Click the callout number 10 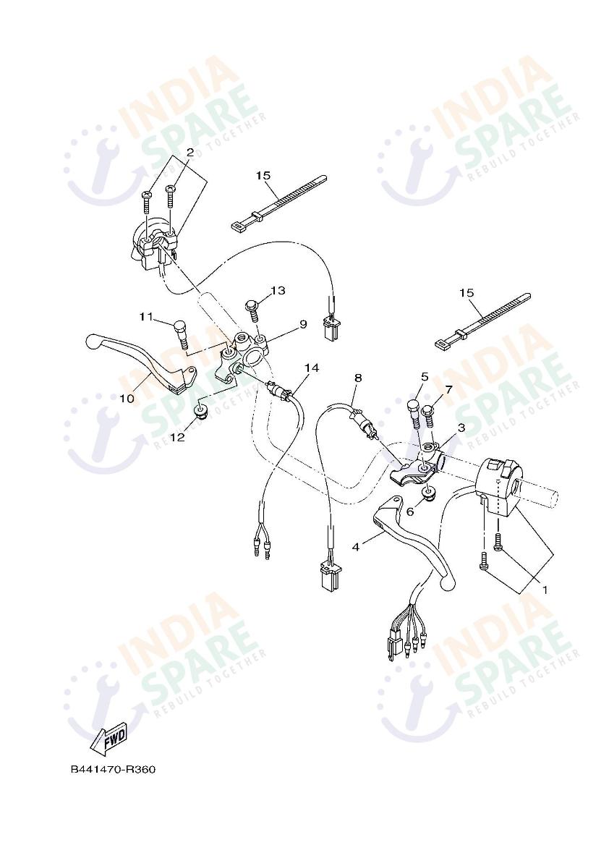(x=126, y=398)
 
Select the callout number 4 (x=356, y=547)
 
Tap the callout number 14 (x=311, y=368)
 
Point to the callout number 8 (x=358, y=378)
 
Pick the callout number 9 (x=303, y=324)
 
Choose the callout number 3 (x=461, y=428)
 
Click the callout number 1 (x=545, y=590)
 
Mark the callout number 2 (x=189, y=153)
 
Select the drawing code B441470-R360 (x=113, y=769)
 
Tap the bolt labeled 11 (x=179, y=334)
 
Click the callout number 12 (x=178, y=436)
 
